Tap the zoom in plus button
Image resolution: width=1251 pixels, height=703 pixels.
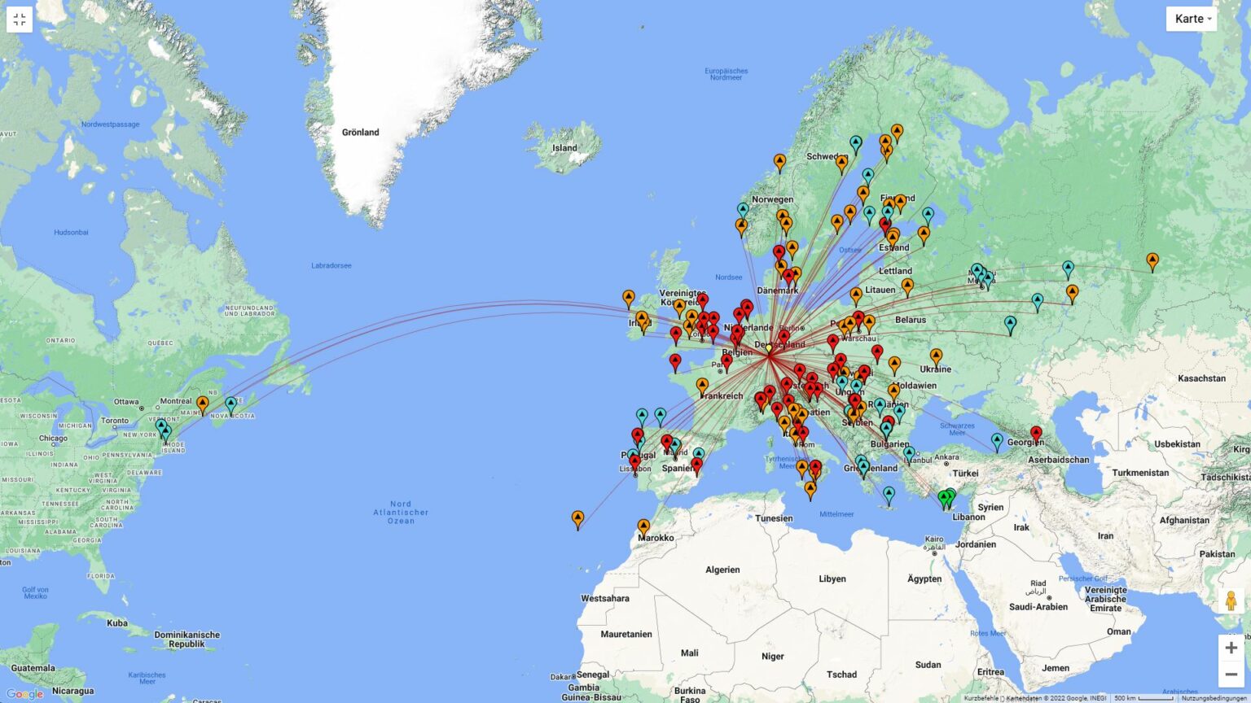tap(1231, 648)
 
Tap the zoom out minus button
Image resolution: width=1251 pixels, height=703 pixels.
tap(1231, 675)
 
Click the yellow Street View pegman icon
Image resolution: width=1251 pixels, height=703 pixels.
tap(1231, 601)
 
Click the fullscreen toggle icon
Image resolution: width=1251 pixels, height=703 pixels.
tap(20, 20)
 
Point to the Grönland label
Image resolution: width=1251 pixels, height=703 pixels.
tap(360, 133)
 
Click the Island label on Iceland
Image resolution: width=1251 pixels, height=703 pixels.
tap(564, 148)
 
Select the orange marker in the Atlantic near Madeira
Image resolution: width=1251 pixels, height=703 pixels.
tap(577, 518)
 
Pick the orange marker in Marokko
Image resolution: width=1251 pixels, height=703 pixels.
tap(643, 526)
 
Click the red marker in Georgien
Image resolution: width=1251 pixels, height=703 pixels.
tap(1036, 434)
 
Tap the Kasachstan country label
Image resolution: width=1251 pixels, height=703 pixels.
tap(1201, 378)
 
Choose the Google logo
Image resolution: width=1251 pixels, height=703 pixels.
tap(24, 694)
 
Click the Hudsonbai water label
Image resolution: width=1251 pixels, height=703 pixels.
tap(71, 233)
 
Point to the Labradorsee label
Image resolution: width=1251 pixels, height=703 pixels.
tap(331, 266)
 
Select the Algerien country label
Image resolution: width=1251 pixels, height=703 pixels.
tap(722, 570)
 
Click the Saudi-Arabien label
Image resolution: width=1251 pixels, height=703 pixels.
tap(1038, 606)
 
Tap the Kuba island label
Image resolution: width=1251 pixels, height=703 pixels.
tap(117, 623)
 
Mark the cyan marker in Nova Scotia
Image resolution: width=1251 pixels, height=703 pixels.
tap(231, 404)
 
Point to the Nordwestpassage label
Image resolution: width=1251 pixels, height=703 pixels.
tap(110, 124)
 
